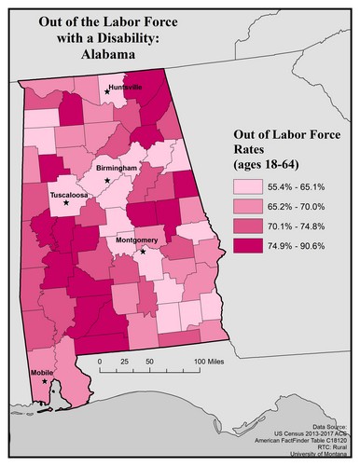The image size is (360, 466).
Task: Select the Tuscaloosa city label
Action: (70, 197)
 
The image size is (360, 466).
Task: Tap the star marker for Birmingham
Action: (107, 179)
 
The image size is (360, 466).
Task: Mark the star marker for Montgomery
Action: (143, 251)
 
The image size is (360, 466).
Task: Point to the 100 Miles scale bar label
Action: (211, 360)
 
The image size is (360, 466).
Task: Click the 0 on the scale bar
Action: (99, 360)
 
